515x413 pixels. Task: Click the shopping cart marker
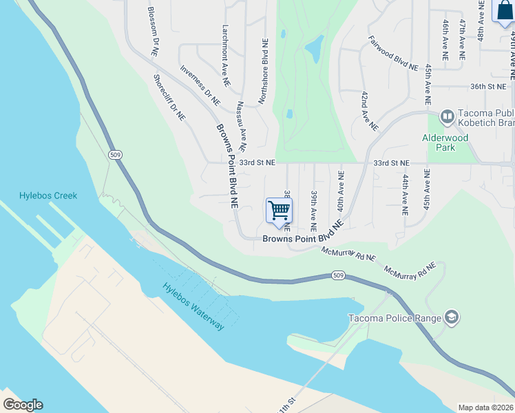(x=279, y=211)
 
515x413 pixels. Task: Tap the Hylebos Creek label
(x=48, y=195)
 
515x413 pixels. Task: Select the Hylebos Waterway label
(x=193, y=307)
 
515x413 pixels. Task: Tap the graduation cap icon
(x=452, y=317)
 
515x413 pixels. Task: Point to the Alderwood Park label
(x=445, y=142)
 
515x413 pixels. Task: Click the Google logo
(x=23, y=404)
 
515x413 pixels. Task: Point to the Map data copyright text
(x=486, y=407)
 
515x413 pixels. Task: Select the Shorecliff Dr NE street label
(x=169, y=98)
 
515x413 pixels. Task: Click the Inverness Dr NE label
(x=200, y=85)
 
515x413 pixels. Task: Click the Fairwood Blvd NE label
(x=393, y=54)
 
